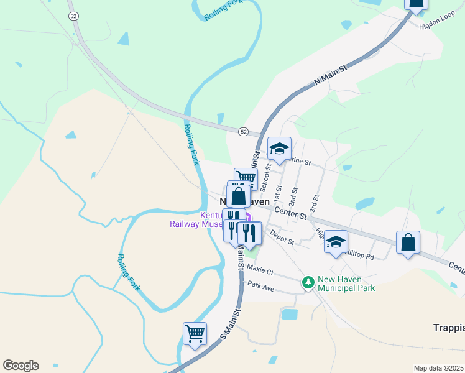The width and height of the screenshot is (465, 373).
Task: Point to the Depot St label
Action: (282, 237)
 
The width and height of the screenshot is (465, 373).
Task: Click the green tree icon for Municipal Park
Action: (308, 283)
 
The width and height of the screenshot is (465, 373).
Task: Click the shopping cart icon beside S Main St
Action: (195, 333)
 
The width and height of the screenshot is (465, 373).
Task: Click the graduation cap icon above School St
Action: (279, 148)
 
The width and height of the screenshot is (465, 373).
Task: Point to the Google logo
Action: (21, 366)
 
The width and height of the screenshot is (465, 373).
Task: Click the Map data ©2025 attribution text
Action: (438, 368)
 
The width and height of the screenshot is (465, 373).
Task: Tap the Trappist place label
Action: (448, 328)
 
